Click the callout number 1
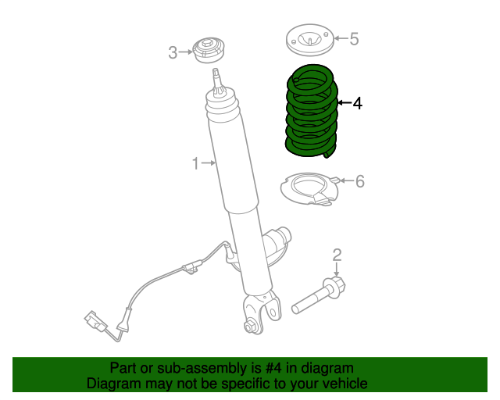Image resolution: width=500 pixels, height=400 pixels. [196, 162]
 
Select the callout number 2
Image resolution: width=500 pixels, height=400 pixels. [337, 254]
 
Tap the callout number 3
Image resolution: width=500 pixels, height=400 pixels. [173, 52]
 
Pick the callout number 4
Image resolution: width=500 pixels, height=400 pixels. [358, 102]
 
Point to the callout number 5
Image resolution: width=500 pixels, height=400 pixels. [354, 37]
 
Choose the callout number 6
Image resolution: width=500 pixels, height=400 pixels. [359, 181]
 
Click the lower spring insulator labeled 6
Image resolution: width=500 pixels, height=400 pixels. [308, 191]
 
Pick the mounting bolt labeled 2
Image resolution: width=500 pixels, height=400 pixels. [320, 295]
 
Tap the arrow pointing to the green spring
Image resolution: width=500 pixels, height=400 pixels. [344, 102]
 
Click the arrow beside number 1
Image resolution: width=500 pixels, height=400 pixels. [209, 162]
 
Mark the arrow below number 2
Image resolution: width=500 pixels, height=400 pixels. [337, 268]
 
